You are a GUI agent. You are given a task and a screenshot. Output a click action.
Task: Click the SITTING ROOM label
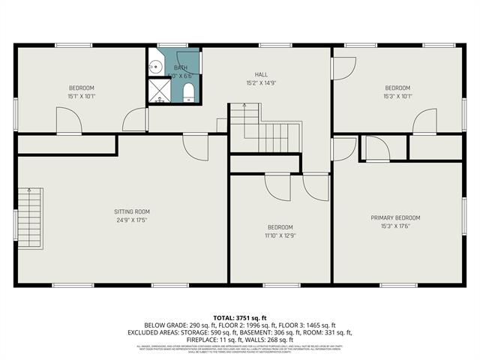click(x=132, y=211)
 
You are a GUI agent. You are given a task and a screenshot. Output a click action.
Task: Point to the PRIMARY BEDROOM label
click(x=395, y=217)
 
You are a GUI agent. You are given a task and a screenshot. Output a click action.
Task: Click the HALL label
click(x=261, y=74)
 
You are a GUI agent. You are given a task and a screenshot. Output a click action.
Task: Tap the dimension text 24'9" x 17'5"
click(x=132, y=220)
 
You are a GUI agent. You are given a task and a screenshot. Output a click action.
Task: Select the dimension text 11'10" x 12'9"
click(x=280, y=235)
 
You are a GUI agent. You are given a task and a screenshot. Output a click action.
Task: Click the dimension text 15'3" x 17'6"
click(x=395, y=226)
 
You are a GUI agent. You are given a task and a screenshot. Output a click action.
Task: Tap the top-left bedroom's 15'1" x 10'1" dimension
click(x=82, y=96)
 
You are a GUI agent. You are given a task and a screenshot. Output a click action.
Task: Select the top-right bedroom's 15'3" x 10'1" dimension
click(x=397, y=96)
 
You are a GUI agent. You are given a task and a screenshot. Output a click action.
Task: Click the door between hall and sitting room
click(x=195, y=146)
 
